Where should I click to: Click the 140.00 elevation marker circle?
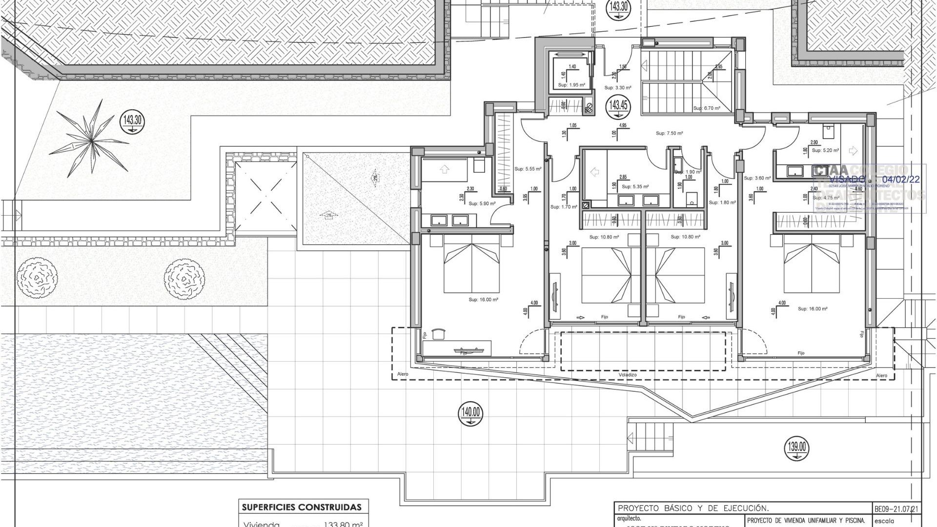pyautogui.click(x=470, y=413)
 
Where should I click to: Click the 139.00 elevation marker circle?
pyautogui.click(x=797, y=447)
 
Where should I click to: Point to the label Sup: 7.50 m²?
pyautogui.click(x=669, y=133)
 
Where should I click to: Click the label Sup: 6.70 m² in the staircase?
pyautogui.click(x=706, y=108)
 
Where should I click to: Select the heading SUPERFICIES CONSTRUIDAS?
pyautogui.click(x=302, y=507)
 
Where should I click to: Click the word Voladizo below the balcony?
pyautogui.click(x=628, y=375)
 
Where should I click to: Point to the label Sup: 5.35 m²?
pyautogui.click(x=635, y=186)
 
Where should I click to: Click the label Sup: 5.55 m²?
pyautogui.click(x=528, y=169)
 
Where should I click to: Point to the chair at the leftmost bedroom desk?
pyautogui.click(x=439, y=333)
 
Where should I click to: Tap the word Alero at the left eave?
pyautogui.click(x=402, y=374)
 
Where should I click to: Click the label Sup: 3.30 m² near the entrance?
pyautogui.click(x=617, y=88)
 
